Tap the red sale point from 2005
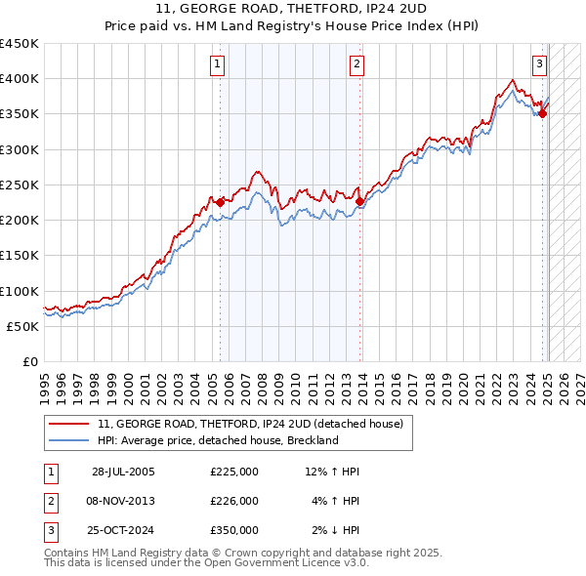(x=220, y=202)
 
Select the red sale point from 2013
(x=359, y=202)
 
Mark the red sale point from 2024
(x=543, y=114)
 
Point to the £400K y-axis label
(x=20, y=79)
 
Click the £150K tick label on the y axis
(x=20, y=256)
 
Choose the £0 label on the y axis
(x=28, y=361)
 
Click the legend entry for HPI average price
(x=217, y=440)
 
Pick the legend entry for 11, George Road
(x=257, y=424)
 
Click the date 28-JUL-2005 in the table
(x=123, y=472)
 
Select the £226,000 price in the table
(x=233, y=501)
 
